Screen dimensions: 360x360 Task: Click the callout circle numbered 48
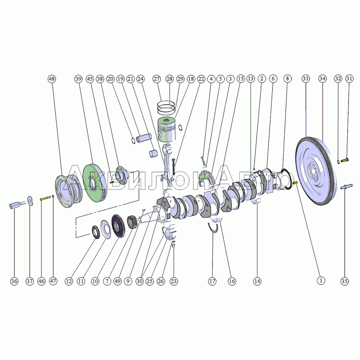(x=52, y=79)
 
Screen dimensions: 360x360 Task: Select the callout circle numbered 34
(x=322, y=79)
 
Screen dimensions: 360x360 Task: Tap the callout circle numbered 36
(x=14, y=281)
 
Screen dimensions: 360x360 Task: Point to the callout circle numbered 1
(x=321, y=280)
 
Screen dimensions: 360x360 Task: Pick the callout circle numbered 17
(x=212, y=281)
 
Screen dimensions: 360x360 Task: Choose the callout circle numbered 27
(x=157, y=79)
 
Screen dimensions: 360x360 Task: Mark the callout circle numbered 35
(x=344, y=281)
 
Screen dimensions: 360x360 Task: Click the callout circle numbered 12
(x=69, y=281)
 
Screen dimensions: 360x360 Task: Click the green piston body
(x=167, y=130)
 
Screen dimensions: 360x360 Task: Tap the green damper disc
(x=94, y=183)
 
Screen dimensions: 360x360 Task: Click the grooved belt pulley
(x=69, y=191)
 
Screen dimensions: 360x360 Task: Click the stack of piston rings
(x=166, y=107)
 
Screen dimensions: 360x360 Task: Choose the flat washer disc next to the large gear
(x=106, y=229)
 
